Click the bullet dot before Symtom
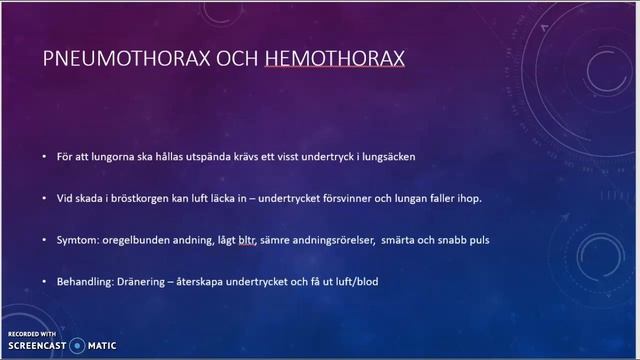click(44, 240)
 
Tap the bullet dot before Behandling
click(44, 282)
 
